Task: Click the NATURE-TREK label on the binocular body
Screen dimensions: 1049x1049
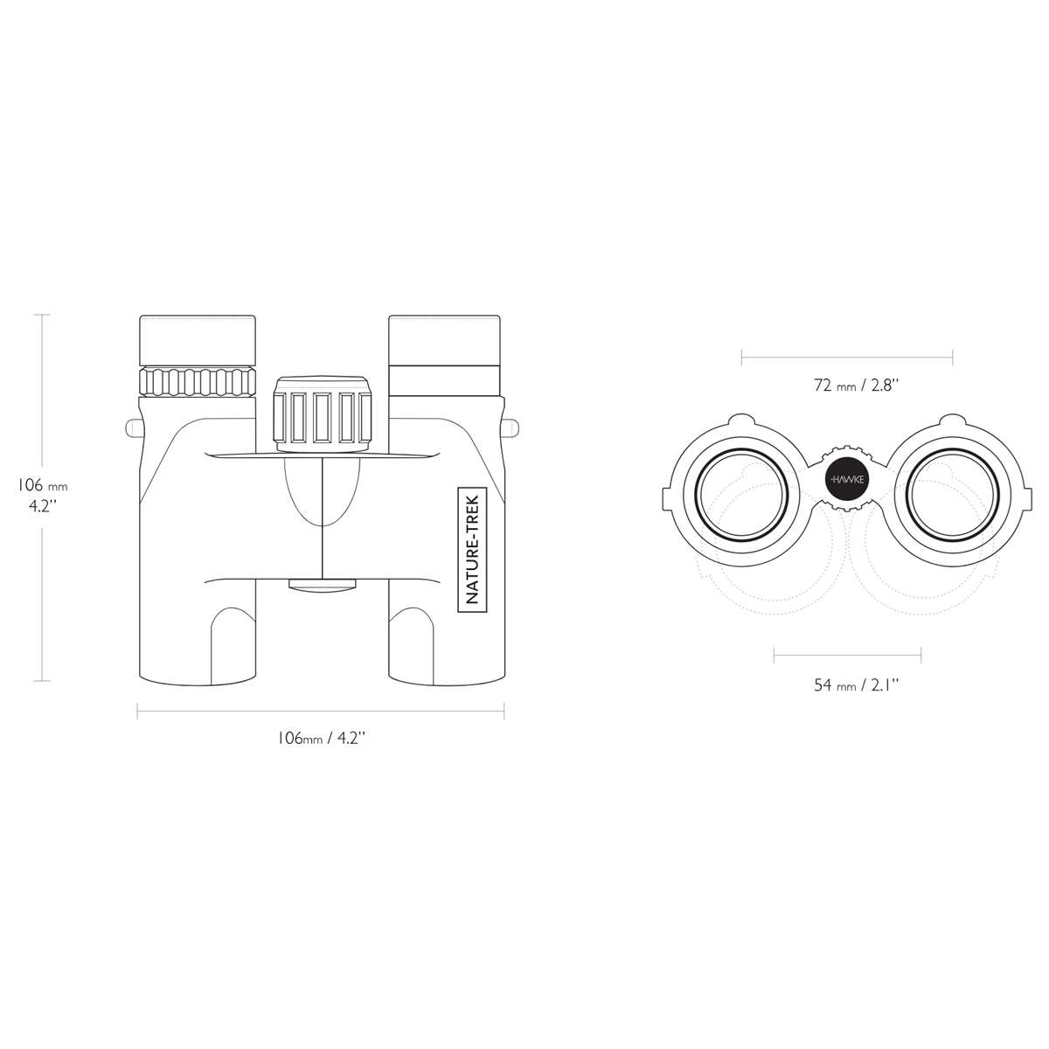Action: pos(472,549)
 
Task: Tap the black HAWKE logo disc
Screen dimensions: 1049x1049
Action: pos(846,479)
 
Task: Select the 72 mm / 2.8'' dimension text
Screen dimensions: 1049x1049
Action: pos(855,386)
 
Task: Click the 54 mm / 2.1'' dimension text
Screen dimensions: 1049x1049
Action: pos(855,684)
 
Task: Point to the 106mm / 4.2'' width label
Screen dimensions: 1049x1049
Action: pos(321,738)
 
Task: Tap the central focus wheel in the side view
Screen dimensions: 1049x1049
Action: pos(323,413)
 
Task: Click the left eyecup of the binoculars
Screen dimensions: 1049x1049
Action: pos(198,340)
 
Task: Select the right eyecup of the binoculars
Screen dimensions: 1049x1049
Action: pos(444,340)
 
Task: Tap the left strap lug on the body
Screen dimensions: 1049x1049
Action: pos(133,427)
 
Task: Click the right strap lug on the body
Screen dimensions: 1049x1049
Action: pos(511,427)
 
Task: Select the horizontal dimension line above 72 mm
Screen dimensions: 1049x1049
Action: pos(847,358)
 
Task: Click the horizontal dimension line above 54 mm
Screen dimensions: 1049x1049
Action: pos(847,656)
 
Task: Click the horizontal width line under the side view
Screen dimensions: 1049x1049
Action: pos(321,712)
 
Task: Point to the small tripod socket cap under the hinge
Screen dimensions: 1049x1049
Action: pos(323,585)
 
